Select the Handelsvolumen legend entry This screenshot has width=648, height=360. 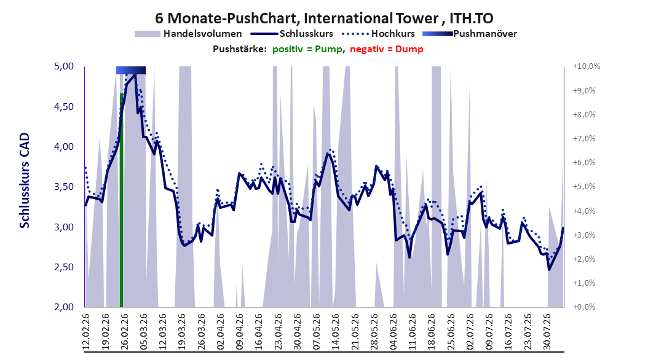pyautogui.click(x=188, y=34)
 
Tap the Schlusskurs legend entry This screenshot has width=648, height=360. pyautogui.click(x=291, y=34)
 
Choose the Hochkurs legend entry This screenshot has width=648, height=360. pyautogui.click(x=377, y=34)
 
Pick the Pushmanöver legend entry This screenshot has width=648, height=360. pyautogui.click(x=470, y=34)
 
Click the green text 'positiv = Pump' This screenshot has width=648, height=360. pyautogui.click(x=307, y=49)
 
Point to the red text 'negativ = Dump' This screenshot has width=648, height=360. pyautogui.click(x=387, y=49)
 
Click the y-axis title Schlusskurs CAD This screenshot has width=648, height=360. pyautogui.click(x=25, y=181)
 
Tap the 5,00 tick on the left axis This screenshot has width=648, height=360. pyautogui.click(x=64, y=66)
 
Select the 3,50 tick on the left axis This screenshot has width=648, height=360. pyautogui.click(x=64, y=187)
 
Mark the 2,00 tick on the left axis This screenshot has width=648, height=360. pyautogui.click(x=64, y=307)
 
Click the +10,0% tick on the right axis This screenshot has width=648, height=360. pyautogui.click(x=587, y=66)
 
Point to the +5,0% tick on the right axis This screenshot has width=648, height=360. pyautogui.click(x=584, y=187)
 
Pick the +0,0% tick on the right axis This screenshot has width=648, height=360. pyautogui.click(x=584, y=307)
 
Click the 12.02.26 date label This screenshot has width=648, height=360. pyautogui.click(x=86, y=332)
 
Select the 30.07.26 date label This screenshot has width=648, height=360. pyautogui.click(x=547, y=332)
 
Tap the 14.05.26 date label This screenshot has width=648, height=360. pyautogui.click(x=336, y=332)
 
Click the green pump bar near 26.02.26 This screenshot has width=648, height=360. pyautogui.click(x=122, y=200)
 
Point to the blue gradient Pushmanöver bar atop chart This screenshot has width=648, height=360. pyautogui.click(x=130, y=70)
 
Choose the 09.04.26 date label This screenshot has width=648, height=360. pyautogui.click(x=240, y=332)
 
